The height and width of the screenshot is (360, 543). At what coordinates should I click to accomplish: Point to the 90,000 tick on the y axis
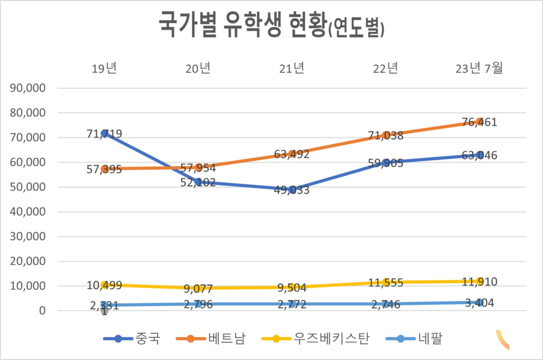27,88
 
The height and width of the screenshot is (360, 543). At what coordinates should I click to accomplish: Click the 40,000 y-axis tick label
27,212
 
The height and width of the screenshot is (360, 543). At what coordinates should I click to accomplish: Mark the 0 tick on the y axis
42,311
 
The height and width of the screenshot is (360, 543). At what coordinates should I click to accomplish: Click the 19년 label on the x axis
105,69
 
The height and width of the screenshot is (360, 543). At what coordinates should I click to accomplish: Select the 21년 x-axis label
292,69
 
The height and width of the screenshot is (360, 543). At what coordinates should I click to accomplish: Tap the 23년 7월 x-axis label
479,69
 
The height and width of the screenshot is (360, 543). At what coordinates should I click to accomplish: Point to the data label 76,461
479,122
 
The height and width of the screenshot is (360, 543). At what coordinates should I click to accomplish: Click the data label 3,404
479,303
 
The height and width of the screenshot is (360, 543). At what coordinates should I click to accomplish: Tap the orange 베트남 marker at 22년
386,135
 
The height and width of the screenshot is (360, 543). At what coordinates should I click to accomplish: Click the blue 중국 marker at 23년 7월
480,155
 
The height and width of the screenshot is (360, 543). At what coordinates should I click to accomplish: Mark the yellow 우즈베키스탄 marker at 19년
105,285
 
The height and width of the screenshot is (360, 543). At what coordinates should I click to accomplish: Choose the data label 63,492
292,154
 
